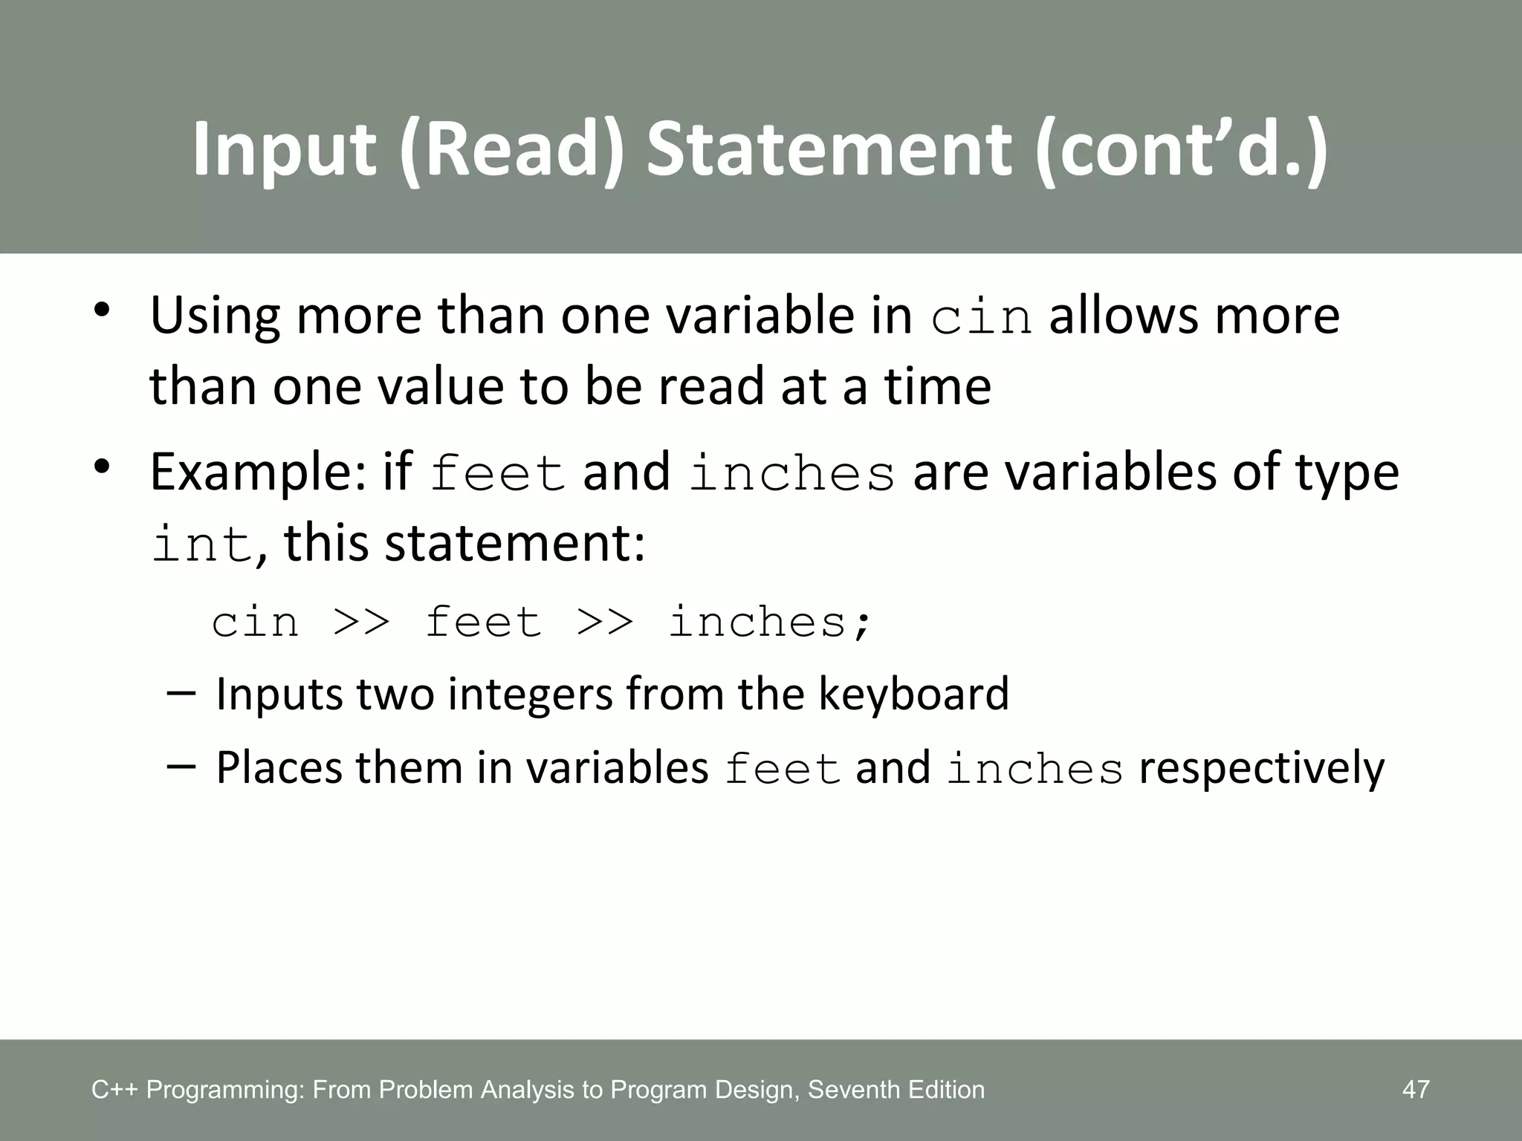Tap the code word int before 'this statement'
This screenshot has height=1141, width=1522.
(201, 545)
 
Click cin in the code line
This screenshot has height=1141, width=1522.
(255, 622)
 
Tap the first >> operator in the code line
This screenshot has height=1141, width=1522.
(362, 622)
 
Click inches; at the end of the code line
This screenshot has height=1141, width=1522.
(770, 622)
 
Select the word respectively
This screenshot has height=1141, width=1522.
(1262, 769)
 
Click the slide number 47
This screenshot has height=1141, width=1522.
(1415, 1090)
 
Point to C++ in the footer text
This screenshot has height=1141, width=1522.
(115, 1090)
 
